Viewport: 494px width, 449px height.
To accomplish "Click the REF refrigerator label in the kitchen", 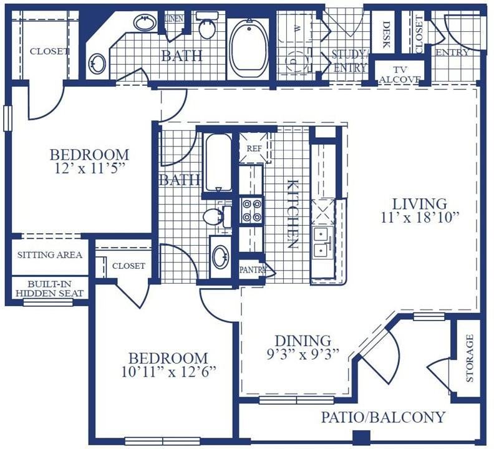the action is (254, 148).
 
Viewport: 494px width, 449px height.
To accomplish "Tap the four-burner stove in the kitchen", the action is (251, 210).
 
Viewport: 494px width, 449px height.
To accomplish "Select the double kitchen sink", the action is (322, 243).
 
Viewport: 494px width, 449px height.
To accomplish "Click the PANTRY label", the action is (253, 270).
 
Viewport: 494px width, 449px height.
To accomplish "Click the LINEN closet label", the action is (174, 19).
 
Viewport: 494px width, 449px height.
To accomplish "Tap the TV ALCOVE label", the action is (400, 75).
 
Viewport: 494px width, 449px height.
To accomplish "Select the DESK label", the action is (386, 34).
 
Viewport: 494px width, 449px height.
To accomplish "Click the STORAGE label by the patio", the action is (469, 358).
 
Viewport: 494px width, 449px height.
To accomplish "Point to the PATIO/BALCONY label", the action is (383, 417).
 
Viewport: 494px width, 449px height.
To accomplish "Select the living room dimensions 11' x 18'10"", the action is (420, 218).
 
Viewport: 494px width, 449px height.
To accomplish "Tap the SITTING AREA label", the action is (49, 254).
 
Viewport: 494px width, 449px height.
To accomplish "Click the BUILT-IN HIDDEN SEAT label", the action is (50, 288).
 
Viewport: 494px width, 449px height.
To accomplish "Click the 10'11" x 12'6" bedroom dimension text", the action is (169, 373).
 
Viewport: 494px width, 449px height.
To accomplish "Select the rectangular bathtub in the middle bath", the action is (219, 163).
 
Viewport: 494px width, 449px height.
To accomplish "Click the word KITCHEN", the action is (293, 214).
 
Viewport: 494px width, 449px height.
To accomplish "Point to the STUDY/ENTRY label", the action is (350, 61).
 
